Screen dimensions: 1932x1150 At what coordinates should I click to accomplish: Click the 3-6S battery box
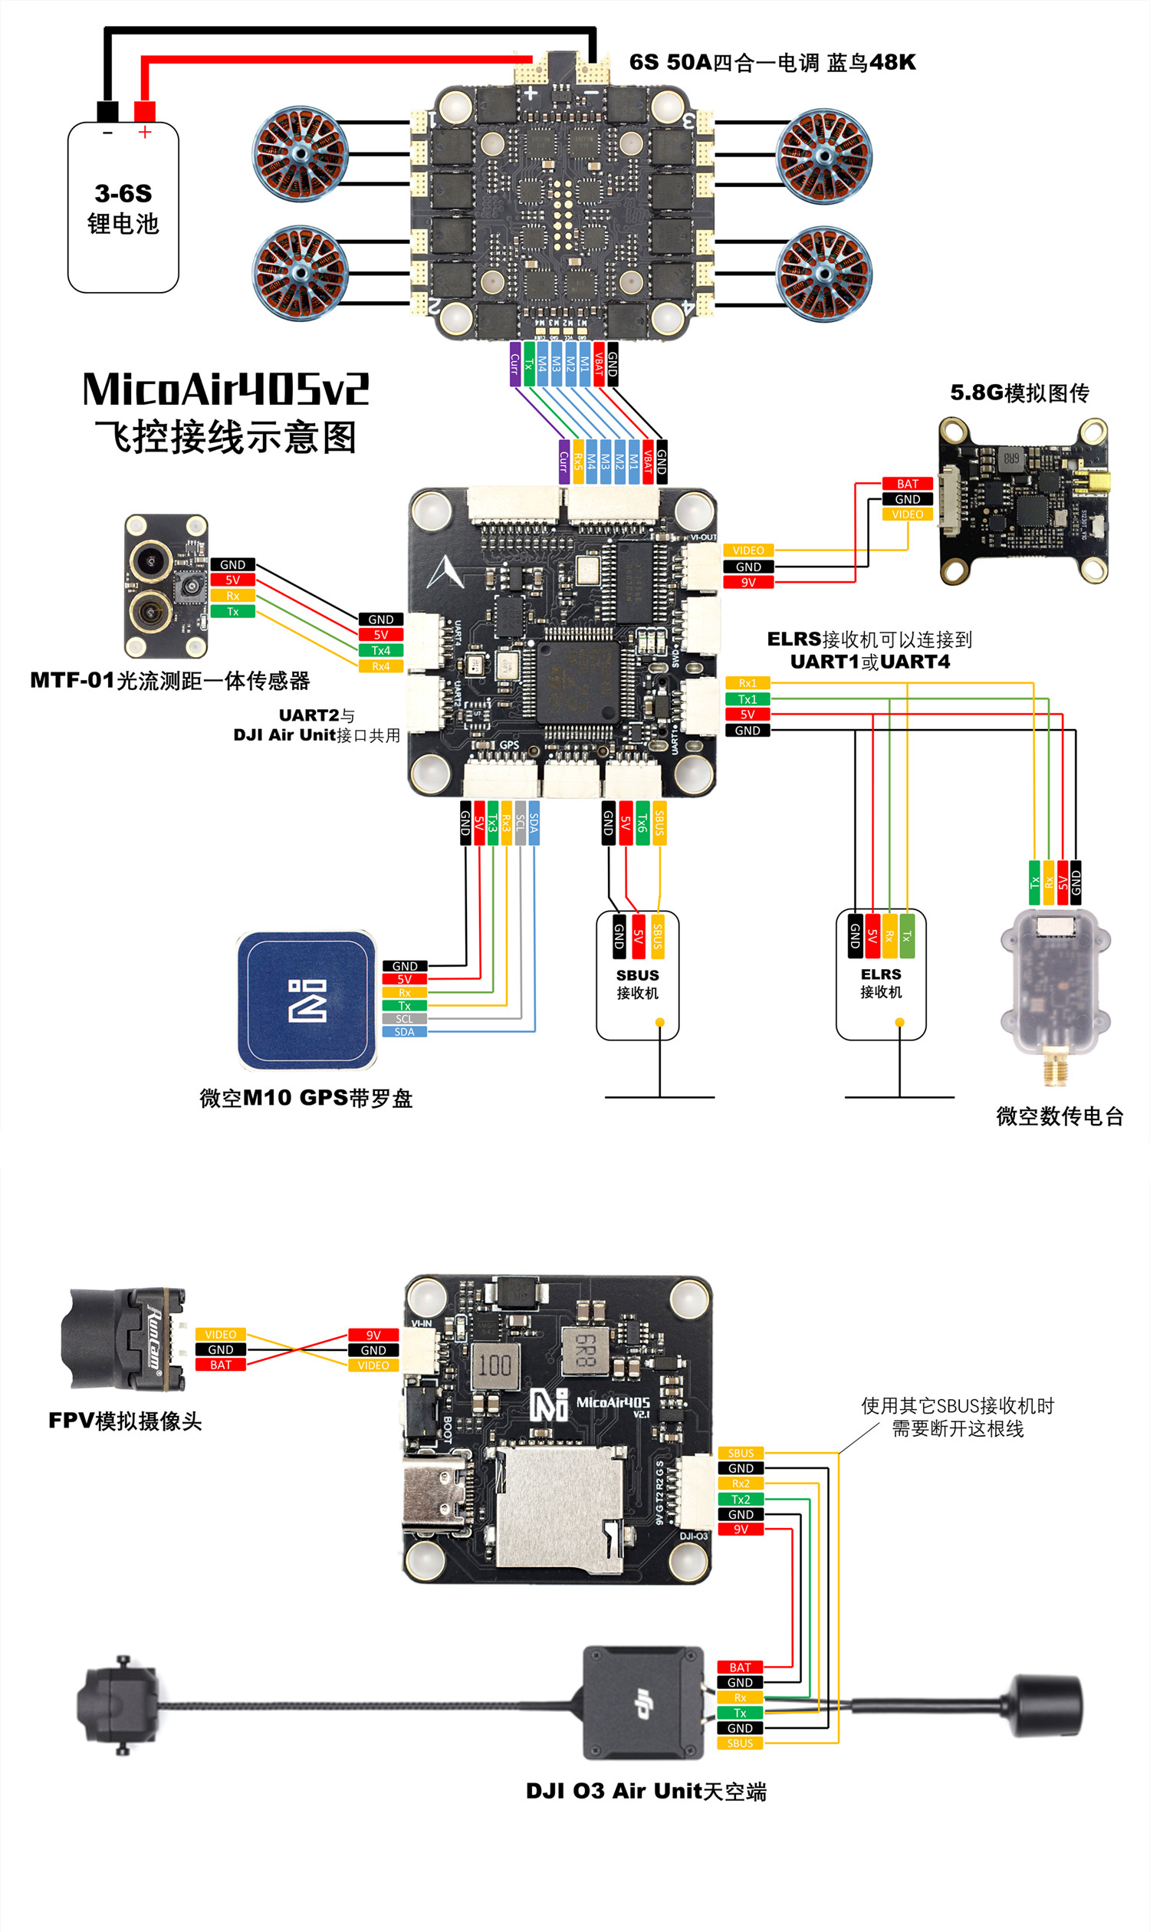click(123, 207)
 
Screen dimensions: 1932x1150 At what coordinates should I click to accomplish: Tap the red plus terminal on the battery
click(145, 112)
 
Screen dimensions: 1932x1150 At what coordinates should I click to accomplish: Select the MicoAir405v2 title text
click(225, 389)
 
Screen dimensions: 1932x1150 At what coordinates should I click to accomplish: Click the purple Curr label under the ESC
click(514, 363)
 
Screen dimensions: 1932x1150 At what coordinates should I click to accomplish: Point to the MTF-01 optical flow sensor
click(166, 586)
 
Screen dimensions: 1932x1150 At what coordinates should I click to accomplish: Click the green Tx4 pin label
click(380, 650)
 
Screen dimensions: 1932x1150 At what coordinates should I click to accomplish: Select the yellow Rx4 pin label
click(380, 666)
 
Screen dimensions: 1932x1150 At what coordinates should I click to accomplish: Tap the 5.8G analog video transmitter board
click(1023, 500)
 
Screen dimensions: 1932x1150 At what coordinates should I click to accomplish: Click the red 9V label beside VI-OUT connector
click(747, 582)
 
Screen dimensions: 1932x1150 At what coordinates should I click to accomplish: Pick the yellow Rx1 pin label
click(747, 683)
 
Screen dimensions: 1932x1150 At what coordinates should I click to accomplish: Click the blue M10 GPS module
click(307, 1001)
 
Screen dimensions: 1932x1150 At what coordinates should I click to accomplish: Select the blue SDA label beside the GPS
click(405, 1031)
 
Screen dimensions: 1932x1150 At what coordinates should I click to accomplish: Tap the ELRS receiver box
click(880, 974)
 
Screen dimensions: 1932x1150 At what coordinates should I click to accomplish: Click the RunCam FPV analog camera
click(124, 1339)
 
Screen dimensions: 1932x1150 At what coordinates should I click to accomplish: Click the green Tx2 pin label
click(740, 1499)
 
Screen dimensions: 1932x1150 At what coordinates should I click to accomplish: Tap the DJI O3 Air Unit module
click(642, 1704)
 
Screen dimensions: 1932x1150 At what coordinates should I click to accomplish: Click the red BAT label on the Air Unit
click(739, 1667)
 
